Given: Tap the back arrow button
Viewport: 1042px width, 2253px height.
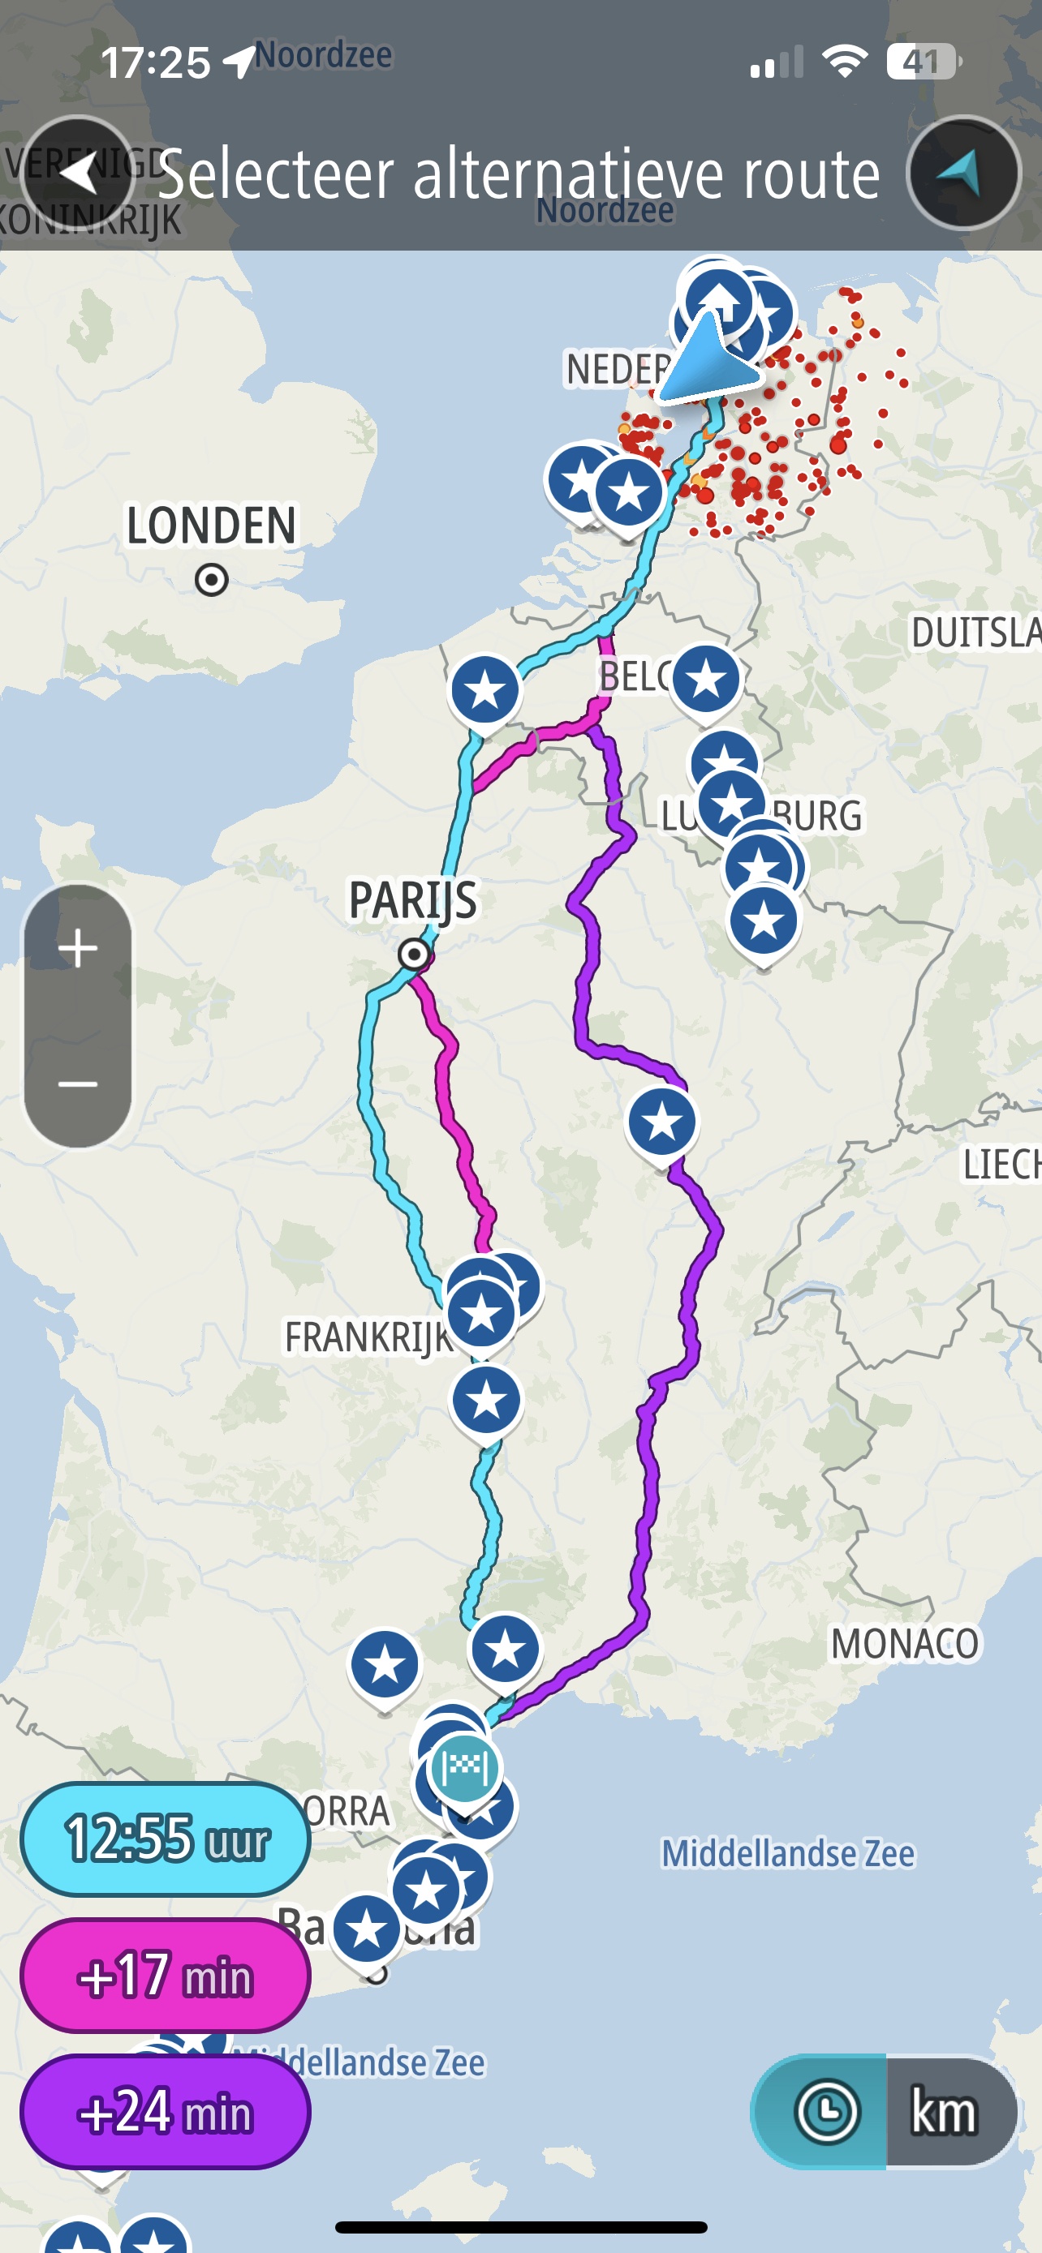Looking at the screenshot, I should [79, 172].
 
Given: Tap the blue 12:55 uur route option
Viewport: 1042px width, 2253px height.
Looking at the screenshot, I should [166, 1838].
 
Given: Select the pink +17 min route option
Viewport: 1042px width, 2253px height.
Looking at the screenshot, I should [166, 1975].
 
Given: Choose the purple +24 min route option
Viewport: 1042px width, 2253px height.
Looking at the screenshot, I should [166, 2111].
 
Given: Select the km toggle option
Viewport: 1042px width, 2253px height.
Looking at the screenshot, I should [944, 2111].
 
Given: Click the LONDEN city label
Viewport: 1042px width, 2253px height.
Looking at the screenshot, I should [211, 526].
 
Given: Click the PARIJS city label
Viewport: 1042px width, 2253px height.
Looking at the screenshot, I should [413, 900].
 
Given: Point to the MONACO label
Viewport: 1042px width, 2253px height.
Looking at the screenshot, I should [905, 1643].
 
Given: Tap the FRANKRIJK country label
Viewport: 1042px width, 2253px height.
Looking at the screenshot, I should [368, 1337].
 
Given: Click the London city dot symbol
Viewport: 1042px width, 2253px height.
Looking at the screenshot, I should [212, 579].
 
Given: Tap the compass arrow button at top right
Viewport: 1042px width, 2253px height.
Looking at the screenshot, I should [963, 172].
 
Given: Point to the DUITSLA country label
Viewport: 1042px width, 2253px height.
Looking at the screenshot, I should [975, 633].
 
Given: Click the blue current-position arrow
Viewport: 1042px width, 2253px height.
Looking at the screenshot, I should [710, 360].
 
